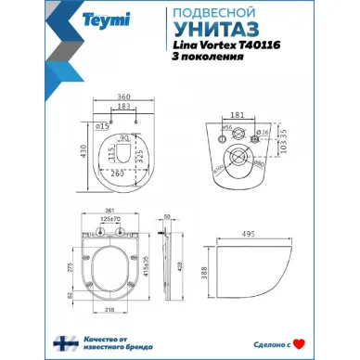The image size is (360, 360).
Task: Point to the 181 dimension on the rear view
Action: tap(235, 115)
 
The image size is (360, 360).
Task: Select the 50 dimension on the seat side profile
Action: tap(165, 215)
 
